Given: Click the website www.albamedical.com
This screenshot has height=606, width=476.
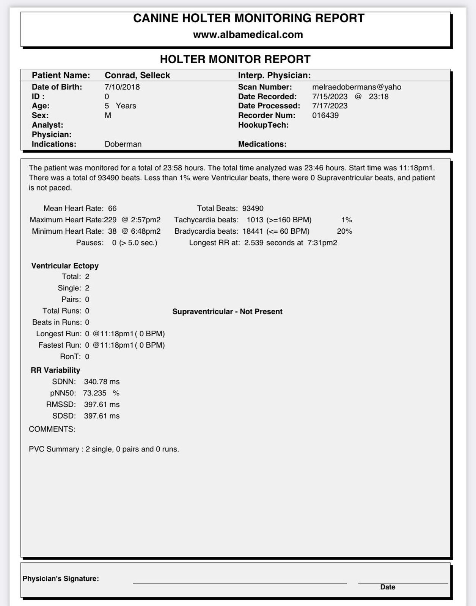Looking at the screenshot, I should coord(248,34).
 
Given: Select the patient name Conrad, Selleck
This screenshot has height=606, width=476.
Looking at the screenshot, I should coord(137,75).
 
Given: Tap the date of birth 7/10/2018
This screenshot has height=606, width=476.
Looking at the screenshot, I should coord(122,87).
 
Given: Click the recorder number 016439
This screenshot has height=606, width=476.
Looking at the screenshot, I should coord(325,115).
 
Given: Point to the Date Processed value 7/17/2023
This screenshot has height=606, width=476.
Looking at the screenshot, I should coord(330,106).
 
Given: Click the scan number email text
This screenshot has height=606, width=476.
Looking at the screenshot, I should coord(357,87).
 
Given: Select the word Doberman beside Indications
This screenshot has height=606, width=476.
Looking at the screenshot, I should coord(123,144).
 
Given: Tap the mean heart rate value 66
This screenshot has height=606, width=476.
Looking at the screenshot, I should coord(112,208).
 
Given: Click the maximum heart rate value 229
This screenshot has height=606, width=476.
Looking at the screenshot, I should coord(110,220).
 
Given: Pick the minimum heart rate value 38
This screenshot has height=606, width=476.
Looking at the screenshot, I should coord(112,231).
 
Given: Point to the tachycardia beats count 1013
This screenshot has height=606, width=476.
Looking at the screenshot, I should coord(255,220).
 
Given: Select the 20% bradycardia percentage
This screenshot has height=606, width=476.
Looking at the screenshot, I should coord(344,231).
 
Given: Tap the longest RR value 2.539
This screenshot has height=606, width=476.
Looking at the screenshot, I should coord(254,242).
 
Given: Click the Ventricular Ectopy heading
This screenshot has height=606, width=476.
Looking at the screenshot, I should coord(65,266).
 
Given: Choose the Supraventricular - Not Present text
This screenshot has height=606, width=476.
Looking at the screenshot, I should coord(227,311).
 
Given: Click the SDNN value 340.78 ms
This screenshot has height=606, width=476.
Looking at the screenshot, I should coord(102,381).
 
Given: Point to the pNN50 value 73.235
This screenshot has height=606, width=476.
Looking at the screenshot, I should coord(95,393).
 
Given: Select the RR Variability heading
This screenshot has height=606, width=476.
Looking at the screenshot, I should coord(55,370).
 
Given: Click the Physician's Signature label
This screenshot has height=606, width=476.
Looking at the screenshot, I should coord(61,578).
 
